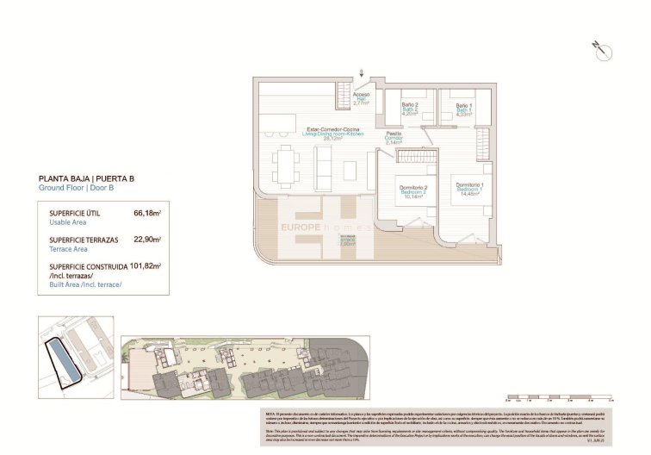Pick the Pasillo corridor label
(x=394, y=136)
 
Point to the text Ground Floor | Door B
(x=77, y=188)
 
